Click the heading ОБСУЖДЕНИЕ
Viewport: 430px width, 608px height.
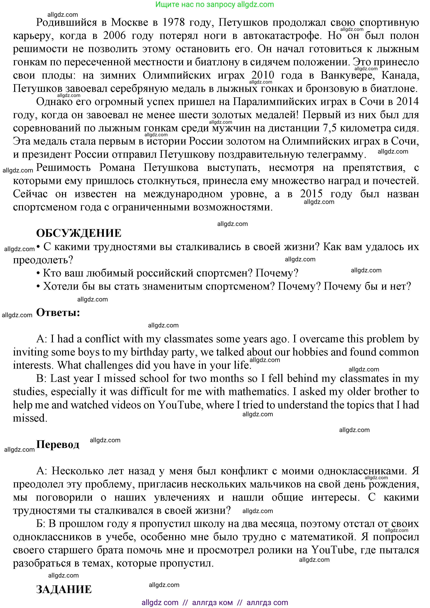(x=79, y=233)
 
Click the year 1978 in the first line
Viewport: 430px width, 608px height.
(x=173, y=22)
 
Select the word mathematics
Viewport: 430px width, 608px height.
(x=258, y=392)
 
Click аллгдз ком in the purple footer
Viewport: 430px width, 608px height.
(x=212, y=603)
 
